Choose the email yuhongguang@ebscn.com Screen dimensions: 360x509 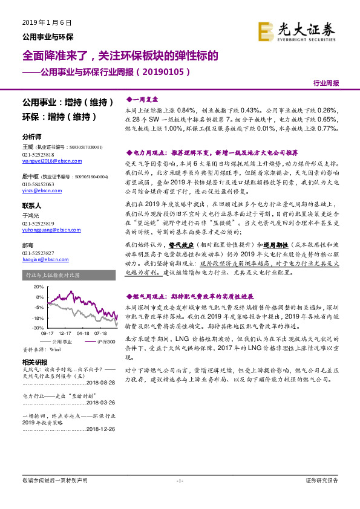click(50, 229)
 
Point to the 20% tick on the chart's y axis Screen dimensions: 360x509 click(39, 287)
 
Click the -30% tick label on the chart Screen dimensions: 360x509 click(38, 327)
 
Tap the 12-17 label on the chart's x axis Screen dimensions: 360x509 click(65, 332)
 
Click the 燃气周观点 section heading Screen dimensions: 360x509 click(189, 297)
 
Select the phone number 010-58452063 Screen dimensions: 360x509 click(38, 183)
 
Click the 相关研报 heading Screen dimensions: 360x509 click(34, 362)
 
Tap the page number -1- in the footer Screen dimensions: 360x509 click(179, 481)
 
